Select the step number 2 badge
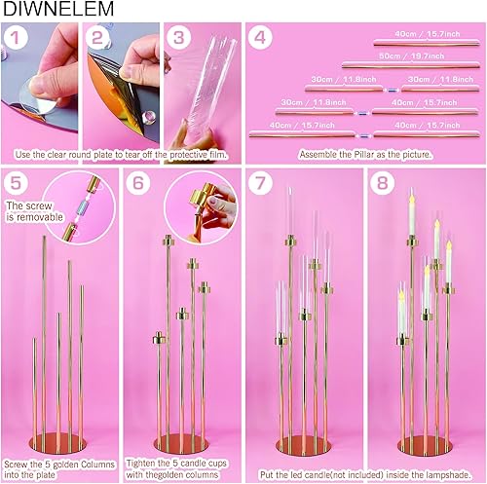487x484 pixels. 96,39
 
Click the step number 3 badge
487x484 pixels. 176,39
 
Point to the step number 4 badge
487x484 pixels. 259,39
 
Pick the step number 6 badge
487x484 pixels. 139,183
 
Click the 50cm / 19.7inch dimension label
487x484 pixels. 404,56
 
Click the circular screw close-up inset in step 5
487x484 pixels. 84,208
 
